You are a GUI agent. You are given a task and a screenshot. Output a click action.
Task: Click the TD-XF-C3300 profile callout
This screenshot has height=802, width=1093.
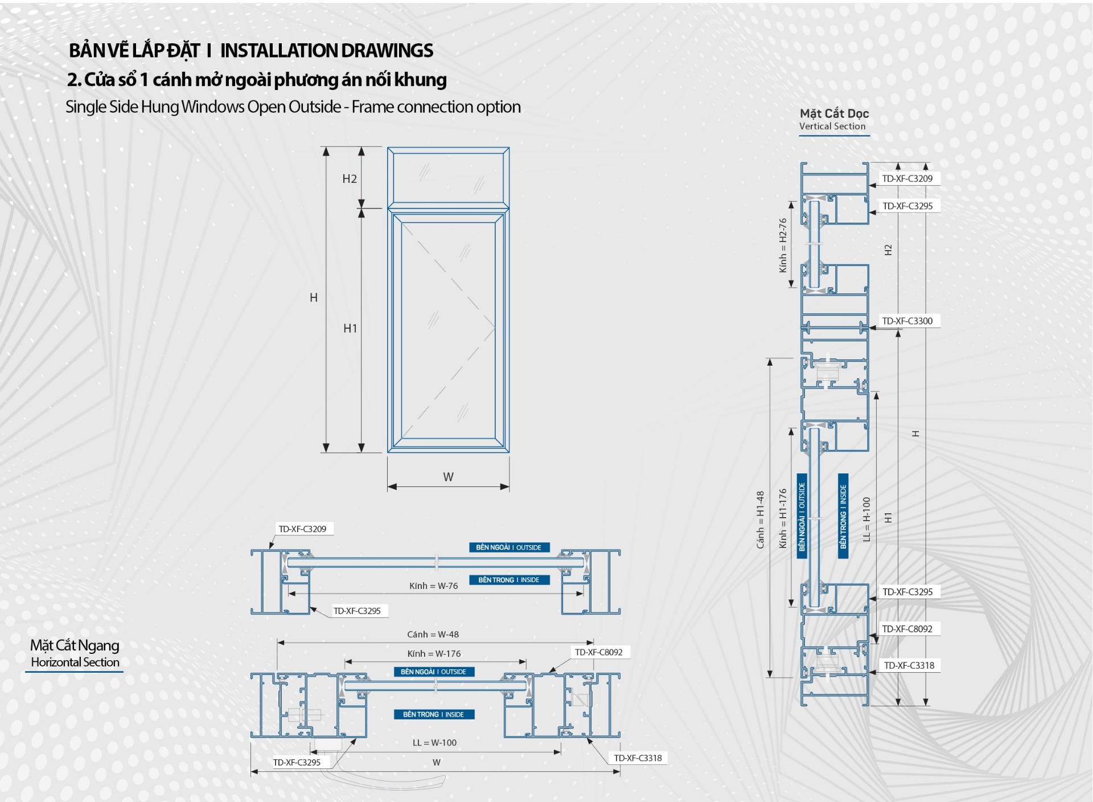[907, 321]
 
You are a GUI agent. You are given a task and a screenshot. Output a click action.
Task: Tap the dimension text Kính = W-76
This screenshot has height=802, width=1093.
[433, 586]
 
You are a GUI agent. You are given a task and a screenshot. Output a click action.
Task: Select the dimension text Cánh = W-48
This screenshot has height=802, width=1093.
[433, 635]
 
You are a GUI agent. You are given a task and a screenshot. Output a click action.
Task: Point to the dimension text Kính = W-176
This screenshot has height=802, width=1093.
[434, 654]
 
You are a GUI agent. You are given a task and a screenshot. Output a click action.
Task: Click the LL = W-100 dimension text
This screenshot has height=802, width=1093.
[434, 743]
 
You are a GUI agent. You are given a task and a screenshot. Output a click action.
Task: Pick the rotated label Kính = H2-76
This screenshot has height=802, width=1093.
[783, 245]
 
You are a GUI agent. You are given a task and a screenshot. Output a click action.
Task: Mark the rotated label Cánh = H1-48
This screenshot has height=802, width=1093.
[761, 519]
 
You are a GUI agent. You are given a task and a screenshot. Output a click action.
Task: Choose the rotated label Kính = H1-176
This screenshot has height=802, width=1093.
[783, 518]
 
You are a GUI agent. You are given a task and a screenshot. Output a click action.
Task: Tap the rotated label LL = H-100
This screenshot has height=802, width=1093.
[866, 519]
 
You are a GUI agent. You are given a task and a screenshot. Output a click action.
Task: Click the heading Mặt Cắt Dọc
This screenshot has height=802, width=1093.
[834, 113]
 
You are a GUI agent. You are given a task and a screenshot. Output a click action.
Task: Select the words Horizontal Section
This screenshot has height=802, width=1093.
[75, 662]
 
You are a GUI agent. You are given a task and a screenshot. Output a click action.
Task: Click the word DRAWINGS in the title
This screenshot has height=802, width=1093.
[387, 51]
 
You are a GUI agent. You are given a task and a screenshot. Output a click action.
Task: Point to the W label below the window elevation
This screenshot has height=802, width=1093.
[449, 477]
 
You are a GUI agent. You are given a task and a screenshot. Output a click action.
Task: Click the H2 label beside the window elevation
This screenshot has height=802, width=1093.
[350, 179]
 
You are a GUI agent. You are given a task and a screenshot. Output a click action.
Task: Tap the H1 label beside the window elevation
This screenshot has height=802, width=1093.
[350, 328]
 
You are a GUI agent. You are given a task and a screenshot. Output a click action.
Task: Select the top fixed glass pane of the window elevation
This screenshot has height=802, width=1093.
[449, 177]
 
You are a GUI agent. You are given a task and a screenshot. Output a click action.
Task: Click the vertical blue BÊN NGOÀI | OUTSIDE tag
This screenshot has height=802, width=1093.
[802, 516]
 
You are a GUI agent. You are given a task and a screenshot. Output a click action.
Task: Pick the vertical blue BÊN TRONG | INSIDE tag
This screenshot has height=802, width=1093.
[843, 516]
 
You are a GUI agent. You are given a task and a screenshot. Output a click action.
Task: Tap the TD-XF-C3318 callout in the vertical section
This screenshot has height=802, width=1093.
[909, 665]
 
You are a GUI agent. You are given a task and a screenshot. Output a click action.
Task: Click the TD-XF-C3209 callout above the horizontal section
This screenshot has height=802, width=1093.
[302, 529]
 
